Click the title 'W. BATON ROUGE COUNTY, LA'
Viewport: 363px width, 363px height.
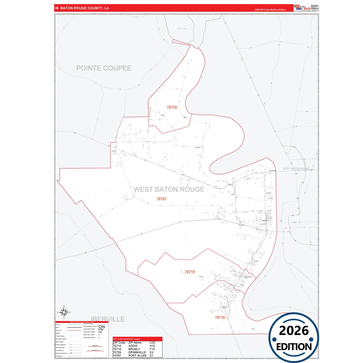point(82,8)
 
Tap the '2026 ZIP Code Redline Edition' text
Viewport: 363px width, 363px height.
point(270,10)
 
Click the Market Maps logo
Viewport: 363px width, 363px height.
point(302,8)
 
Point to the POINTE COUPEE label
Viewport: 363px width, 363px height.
point(103,68)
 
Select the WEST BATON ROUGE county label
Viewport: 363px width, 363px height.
point(169,189)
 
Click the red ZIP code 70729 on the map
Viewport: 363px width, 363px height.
point(172,108)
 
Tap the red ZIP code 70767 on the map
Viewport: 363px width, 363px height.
point(161,199)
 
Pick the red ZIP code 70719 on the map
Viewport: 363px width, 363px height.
point(190,272)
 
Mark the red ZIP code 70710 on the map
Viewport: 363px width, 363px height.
point(220,318)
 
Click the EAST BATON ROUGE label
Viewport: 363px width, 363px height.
point(296,169)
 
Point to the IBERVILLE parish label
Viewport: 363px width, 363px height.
point(108,319)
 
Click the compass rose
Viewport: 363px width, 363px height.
point(64,312)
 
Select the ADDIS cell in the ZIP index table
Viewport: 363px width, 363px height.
point(133,346)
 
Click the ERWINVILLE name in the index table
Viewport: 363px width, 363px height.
point(137,352)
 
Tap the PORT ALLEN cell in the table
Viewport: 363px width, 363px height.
point(137,356)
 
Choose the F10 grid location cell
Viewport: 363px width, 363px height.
point(152,349)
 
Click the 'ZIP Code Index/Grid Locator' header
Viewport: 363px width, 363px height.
point(127,339)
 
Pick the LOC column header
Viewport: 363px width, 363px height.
point(152,343)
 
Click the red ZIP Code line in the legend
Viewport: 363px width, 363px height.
point(74,330)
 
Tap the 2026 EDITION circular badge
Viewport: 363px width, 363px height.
point(294,338)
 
